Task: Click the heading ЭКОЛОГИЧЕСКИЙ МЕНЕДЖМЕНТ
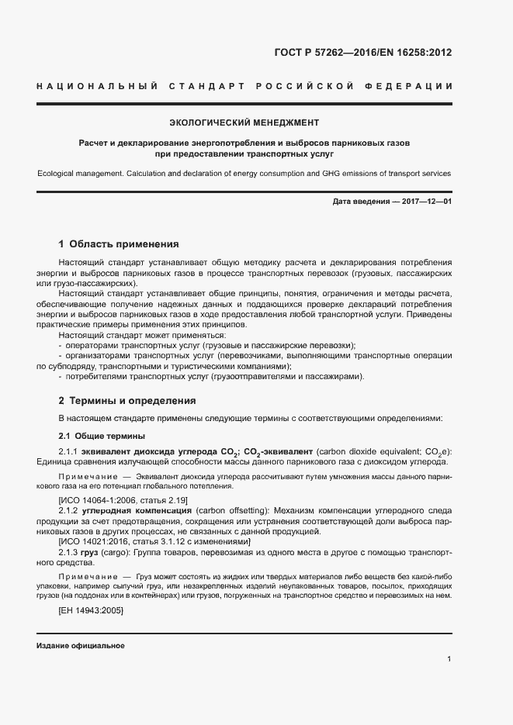[244, 123]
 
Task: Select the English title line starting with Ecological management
[244, 174]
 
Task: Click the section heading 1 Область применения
[119, 243]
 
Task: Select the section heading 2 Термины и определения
[127, 401]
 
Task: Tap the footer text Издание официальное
[80, 646]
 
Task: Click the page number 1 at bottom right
[449, 659]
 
